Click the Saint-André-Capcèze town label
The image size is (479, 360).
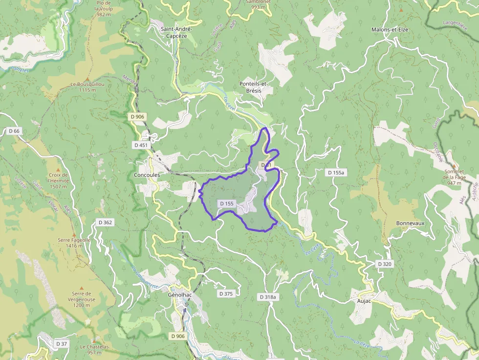(177, 32)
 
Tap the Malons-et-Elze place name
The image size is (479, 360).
(390, 29)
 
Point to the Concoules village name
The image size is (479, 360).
(147, 174)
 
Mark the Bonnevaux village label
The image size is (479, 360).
(410, 223)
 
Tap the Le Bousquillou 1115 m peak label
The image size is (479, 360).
(87, 87)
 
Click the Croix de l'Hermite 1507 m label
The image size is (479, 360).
(59, 180)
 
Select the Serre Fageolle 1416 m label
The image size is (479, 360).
(74, 243)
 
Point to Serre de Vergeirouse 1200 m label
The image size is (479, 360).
(81, 298)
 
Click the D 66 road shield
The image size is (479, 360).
(14, 131)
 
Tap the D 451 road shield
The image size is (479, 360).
(140, 145)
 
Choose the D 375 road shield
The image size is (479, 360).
(226, 294)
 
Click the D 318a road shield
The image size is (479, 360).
(267, 297)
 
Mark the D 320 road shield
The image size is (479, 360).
(385, 264)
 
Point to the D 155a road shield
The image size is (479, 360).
(336, 172)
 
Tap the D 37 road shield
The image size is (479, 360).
(61, 344)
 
